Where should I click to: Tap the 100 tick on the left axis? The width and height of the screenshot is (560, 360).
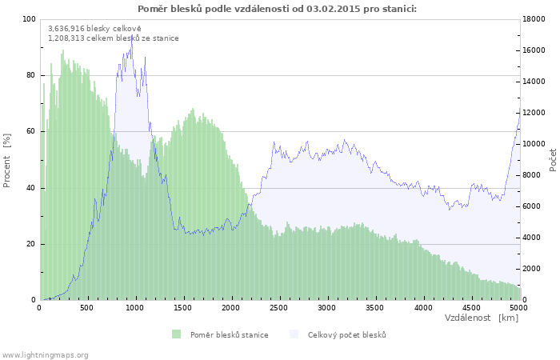30,19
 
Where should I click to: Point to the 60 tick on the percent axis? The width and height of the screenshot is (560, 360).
31,132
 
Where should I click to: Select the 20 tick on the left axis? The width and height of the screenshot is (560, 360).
31,244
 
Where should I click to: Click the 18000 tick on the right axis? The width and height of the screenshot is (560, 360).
535,19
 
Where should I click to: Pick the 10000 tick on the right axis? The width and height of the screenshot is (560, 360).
535,144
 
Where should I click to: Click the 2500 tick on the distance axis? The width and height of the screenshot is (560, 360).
279,306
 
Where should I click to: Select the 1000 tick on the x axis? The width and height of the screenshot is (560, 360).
135,306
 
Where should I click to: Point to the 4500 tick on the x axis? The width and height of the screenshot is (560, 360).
471,306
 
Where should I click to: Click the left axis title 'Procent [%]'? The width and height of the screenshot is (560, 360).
7,160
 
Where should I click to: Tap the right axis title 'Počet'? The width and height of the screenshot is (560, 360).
553,160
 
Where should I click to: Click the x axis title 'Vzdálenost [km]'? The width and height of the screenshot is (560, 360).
482,318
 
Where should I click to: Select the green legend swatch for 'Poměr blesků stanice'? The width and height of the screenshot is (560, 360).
176,334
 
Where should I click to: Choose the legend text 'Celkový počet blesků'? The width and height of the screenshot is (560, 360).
347,334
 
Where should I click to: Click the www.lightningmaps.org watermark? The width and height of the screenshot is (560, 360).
45,354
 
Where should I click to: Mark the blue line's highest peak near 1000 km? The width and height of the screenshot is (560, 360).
132,37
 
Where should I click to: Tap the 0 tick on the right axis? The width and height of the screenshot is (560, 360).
526,300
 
